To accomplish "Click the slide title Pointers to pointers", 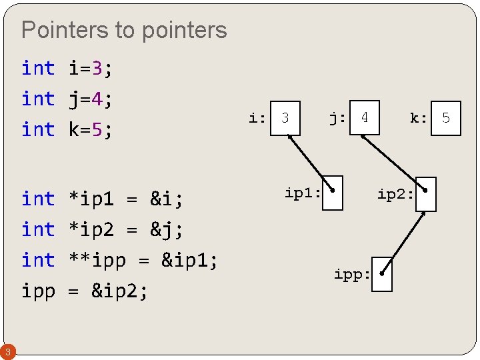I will (124, 30).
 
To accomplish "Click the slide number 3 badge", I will (6, 351).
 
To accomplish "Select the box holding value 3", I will (285, 118).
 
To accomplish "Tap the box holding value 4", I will (365, 118).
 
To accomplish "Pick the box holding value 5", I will (446, 119).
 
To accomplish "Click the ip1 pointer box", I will (332, 193).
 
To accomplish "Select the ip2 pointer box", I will (425, 194).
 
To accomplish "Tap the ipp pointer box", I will (382, 274).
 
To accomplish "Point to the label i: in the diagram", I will (257, 119).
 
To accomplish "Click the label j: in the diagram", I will (337, 118).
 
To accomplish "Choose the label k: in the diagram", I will (419, 119).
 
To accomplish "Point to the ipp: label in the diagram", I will (352, 275).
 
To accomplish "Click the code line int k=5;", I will (67, 129).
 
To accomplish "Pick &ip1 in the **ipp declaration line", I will (189, 260).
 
